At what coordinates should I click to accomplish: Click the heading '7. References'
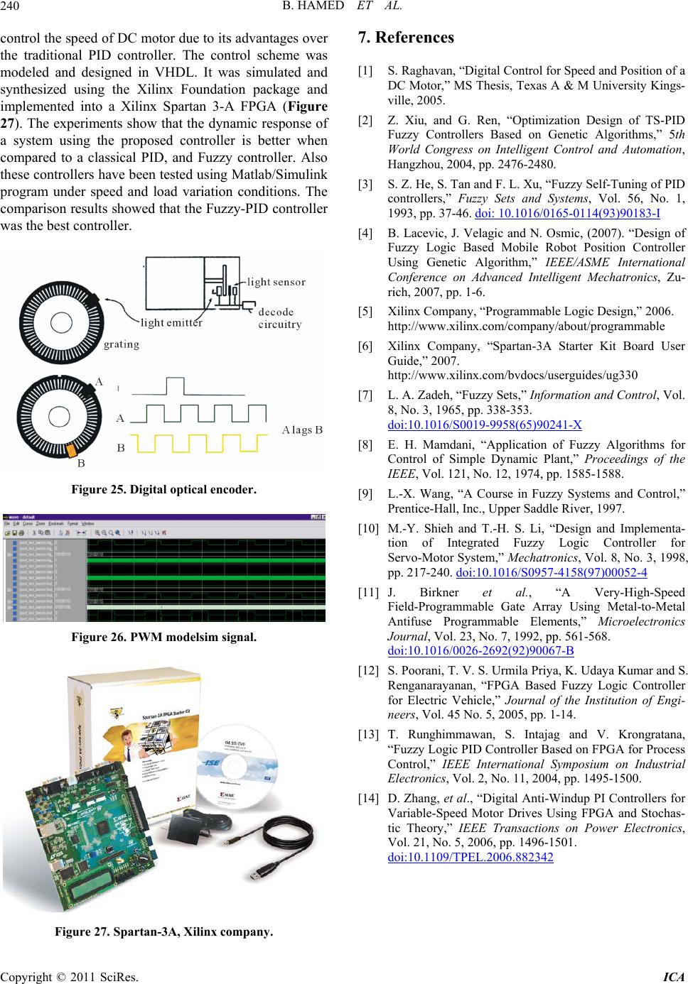coord(407,37)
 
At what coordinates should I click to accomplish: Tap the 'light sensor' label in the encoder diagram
coord(276,282)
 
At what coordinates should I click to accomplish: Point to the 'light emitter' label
coord(171,323)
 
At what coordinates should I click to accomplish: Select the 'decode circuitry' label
coord(280,318)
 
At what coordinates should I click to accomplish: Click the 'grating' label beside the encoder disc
coord(122,345)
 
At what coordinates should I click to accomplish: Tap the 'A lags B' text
coord(302,430)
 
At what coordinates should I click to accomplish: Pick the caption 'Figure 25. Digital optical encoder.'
coord(163,490)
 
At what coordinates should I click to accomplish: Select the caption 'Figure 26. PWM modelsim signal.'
coord(163,637)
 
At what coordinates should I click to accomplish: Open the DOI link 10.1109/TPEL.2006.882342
coord(471,857)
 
